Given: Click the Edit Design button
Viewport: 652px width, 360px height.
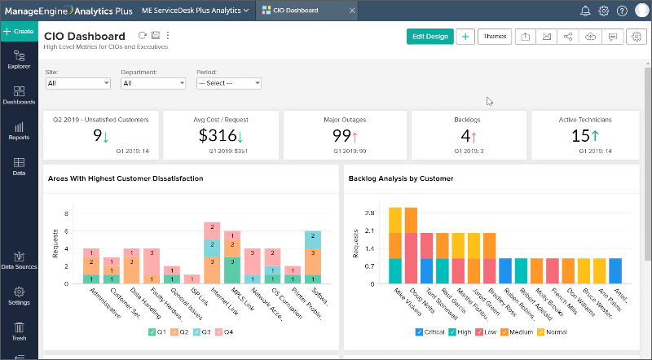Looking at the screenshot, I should pyautogui.click(x=430, y=37).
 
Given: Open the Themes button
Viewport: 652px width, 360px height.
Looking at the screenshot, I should pyautogui.click(x=494, y=37).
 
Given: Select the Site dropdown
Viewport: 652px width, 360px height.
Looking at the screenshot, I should pyautogui.click(x=78, y=83).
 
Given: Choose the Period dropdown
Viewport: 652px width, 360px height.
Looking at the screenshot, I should pyautogui.click(x=228, y=83).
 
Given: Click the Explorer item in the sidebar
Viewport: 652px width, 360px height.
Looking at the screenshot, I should pyautogui.click(x=19, y=59).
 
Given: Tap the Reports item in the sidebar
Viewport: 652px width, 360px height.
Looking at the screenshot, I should pyautogui.click(x=19, y=131).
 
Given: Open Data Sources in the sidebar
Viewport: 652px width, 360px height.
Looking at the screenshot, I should pyautogui.click(x=19, y=261).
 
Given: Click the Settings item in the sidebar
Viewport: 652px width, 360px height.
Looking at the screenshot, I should pyautogui.click(x=19, y=296).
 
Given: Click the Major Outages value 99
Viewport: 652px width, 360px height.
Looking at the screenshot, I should pyautogui.click(x=341, y=136).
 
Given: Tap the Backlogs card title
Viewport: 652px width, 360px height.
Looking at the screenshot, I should pyautogui.click(x=466, y=119).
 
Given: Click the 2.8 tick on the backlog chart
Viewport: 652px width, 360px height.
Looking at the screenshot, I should pyautogui.click(x=369, y=213).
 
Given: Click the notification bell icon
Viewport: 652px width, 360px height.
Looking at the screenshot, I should pyautogui.click(x=585, y=11).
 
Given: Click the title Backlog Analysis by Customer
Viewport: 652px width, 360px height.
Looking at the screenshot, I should pyautogui.click(x=400, y=178).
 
